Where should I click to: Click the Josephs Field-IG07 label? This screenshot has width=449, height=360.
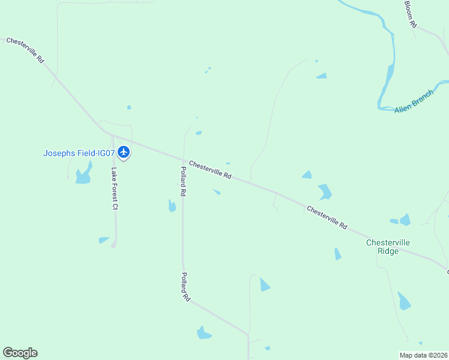pyautogui.click(x=79, y=153)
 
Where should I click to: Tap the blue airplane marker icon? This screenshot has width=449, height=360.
pyautogui.click(x=124, y=152)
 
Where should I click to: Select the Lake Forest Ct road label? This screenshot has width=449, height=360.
pyautogui.click(x=114, y=188)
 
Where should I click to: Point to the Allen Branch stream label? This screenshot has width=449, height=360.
pyautogui.click(x=414, y=102)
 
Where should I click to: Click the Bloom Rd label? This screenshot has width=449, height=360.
pyautogui.click(x=410, y=14)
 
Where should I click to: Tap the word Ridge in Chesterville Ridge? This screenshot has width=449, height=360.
pyautogui.click(x=388, y=251)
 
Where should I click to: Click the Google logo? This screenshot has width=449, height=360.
pyautogui.click(x=20, y=353)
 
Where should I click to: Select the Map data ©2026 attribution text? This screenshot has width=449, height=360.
pyautogui.click(x=423, y=355)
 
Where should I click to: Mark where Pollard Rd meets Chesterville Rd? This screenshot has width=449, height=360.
pyautogui.click(x=183, y=160)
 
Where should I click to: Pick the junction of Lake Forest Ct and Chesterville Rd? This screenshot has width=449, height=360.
pyautogui.click(x=113, y=136)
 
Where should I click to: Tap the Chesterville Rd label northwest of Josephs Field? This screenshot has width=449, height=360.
pyautogui.click(x=25, y=51)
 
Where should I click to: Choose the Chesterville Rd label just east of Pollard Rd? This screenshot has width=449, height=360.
pyautogui.click(x=210, y=169)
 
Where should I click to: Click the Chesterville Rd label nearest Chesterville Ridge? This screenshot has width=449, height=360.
pyautogui.click(x=327, y=217)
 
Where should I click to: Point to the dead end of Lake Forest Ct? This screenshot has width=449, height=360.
pyautogui.click(x=113, y=245)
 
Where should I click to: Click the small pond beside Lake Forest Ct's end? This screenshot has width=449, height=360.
pyautogui.click(x=104, y=240)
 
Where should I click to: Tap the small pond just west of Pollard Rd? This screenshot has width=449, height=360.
pyautogui.click(x=172, y=206)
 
